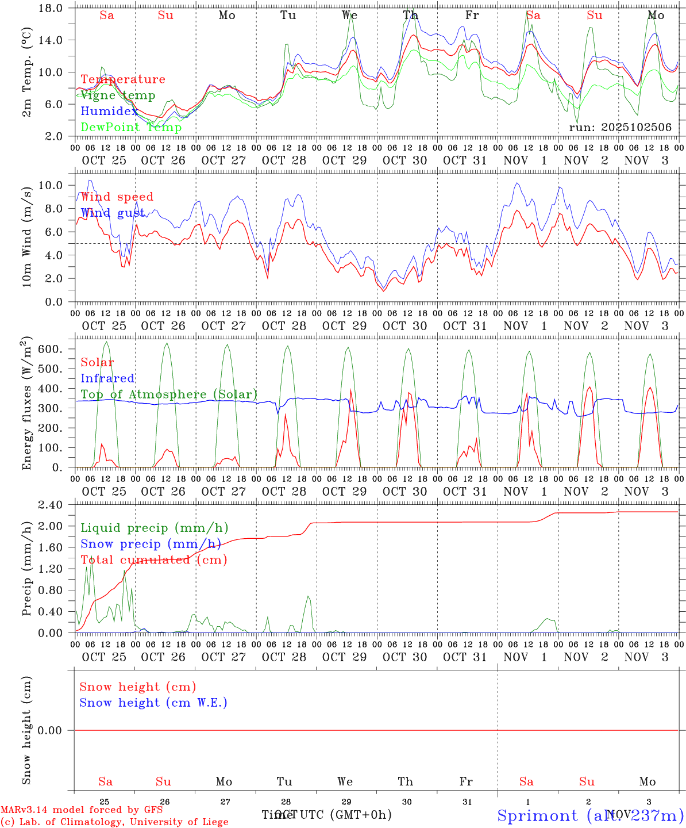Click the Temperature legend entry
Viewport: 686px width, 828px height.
pos(123,79)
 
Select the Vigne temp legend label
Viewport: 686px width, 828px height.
pos(118,95)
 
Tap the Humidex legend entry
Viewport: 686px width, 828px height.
pos(109,112)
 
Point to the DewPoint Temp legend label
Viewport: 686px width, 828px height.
pos(131,128)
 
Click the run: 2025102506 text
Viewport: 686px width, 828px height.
pos(620,128)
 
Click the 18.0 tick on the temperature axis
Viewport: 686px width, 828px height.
pos(51,8)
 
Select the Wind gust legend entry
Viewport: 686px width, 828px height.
pos(113,213)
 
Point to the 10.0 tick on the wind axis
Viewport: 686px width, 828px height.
pos(51,185)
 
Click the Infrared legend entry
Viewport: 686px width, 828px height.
pos(107,378)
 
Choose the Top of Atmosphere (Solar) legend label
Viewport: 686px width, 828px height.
pos(169,394)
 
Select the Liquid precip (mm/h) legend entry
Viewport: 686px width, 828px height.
pos(155,528)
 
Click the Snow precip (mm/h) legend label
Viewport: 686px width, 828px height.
pos(151,544)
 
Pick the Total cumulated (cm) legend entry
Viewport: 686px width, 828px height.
pos(154,560)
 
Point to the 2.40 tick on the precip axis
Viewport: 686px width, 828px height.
pos(51,505)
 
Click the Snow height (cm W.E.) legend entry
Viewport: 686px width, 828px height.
pos(153,703)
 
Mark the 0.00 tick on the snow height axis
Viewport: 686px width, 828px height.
pos(50,730)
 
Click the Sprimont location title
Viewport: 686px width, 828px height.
pos(537,815)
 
